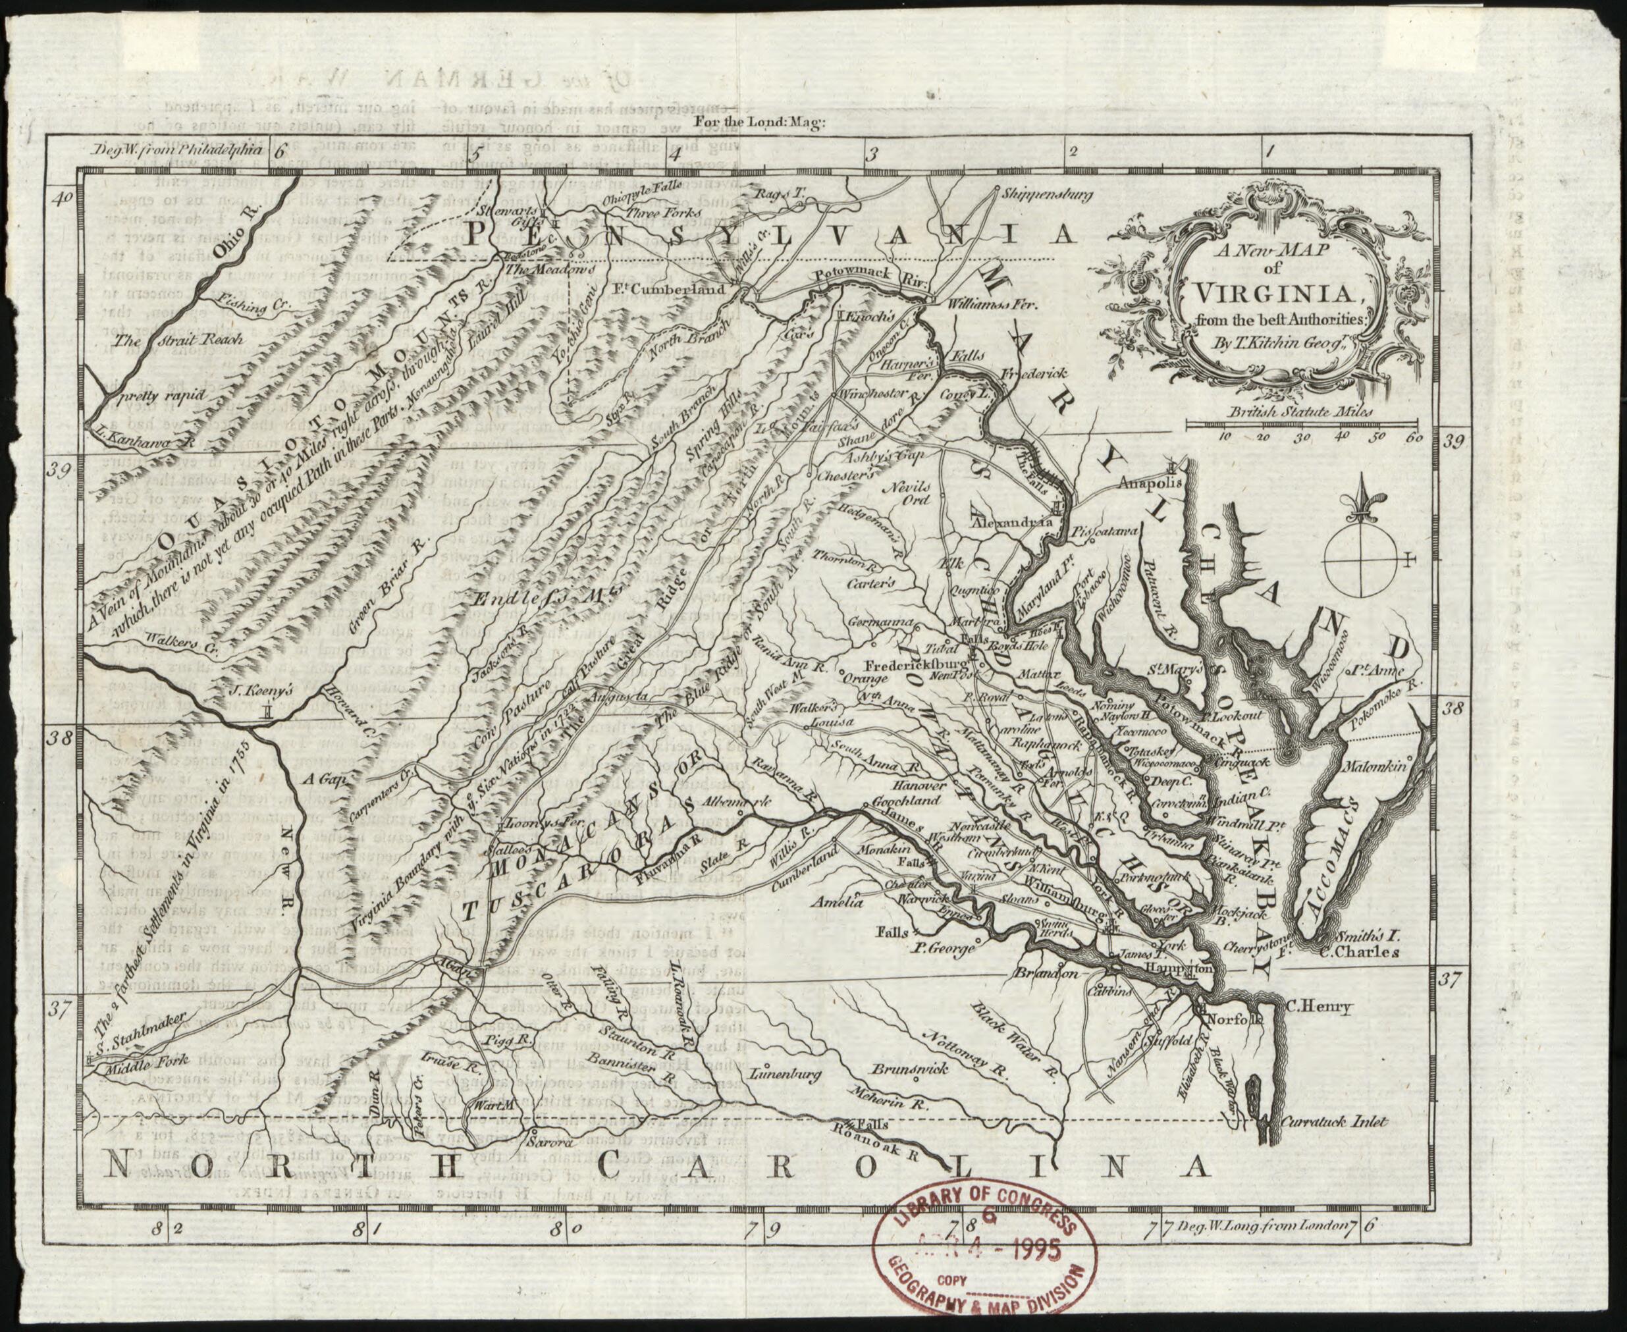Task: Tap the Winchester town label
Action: point(870,394)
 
